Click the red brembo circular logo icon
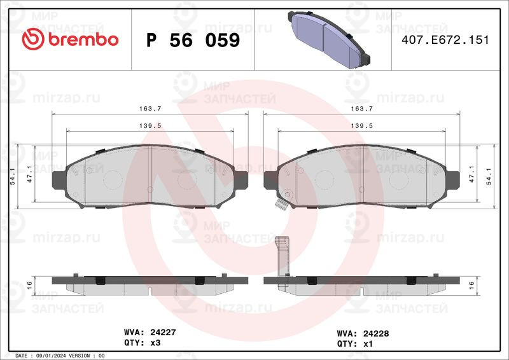coord(33,39)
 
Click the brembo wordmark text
coord(83,39)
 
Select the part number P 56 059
coord(193,40)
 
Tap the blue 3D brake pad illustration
coord(329,39)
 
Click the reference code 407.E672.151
coord(445,40)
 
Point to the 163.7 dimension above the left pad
coord(150,108)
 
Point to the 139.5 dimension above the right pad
coord(361,126)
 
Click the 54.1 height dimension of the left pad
coord(13,176)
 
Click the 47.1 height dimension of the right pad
coord(471,174)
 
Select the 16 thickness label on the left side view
coord(29,286)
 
